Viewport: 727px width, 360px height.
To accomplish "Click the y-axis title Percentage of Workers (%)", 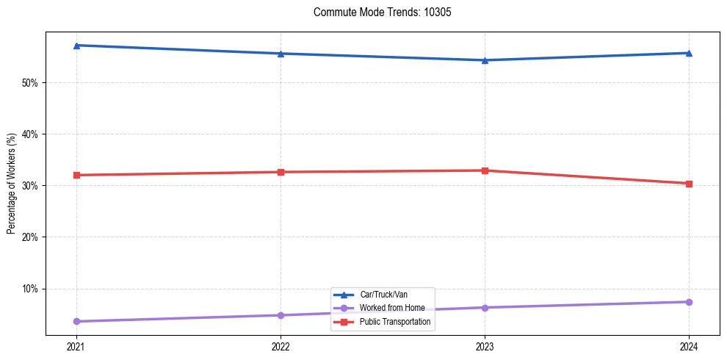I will [11, 184].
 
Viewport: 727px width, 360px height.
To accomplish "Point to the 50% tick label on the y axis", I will [29, 83].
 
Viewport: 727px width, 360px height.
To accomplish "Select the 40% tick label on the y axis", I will [29, 134].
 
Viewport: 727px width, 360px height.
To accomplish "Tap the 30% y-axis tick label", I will [29, 186].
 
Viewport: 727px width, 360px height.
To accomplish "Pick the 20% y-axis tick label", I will [29, 237].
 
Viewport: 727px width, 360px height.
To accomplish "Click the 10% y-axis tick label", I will [29, 289].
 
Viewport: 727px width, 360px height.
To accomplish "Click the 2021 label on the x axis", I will [76, 346].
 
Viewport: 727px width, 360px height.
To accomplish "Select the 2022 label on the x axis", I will [281, 346].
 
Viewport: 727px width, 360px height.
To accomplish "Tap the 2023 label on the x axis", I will [485, 346].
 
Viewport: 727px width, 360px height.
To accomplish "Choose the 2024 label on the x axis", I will [689, 346].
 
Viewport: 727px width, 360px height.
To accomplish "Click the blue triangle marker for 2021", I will [76, 46].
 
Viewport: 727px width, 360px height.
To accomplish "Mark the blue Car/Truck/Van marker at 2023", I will [485, 60].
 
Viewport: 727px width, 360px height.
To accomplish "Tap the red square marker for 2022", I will [281, 172].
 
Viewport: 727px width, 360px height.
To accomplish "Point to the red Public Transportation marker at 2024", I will [689, 184].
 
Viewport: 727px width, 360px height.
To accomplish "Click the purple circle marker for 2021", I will [76, 321].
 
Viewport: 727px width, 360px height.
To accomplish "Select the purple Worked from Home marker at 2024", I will [689, 302].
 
